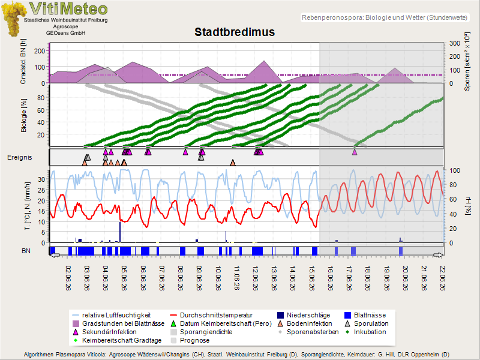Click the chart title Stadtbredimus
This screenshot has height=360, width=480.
(235, 32)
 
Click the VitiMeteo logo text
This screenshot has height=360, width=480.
(68, 9)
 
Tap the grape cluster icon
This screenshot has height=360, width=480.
(13, 19)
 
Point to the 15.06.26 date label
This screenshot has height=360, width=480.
(312, 278)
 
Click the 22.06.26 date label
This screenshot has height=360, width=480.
(442, 278)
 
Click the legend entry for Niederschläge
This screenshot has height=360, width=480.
(304, 315)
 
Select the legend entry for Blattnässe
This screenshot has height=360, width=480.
(365, 315)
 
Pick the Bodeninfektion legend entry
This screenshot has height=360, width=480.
(305, 323)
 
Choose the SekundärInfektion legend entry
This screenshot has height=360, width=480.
(104, 332)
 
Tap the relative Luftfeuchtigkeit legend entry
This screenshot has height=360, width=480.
(112, 315)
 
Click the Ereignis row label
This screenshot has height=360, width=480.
(20, 157)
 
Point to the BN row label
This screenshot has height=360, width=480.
(26, 251)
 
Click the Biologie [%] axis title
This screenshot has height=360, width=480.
(23, 115)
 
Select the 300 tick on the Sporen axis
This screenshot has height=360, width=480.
(455, 43)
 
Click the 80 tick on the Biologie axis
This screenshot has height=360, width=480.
(41, 98)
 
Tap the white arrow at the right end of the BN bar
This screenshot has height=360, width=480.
(439, 255)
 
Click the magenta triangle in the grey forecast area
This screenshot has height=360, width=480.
(355, 152)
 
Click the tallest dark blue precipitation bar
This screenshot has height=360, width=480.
(120, 232)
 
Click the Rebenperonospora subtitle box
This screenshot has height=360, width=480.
(385, 17)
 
